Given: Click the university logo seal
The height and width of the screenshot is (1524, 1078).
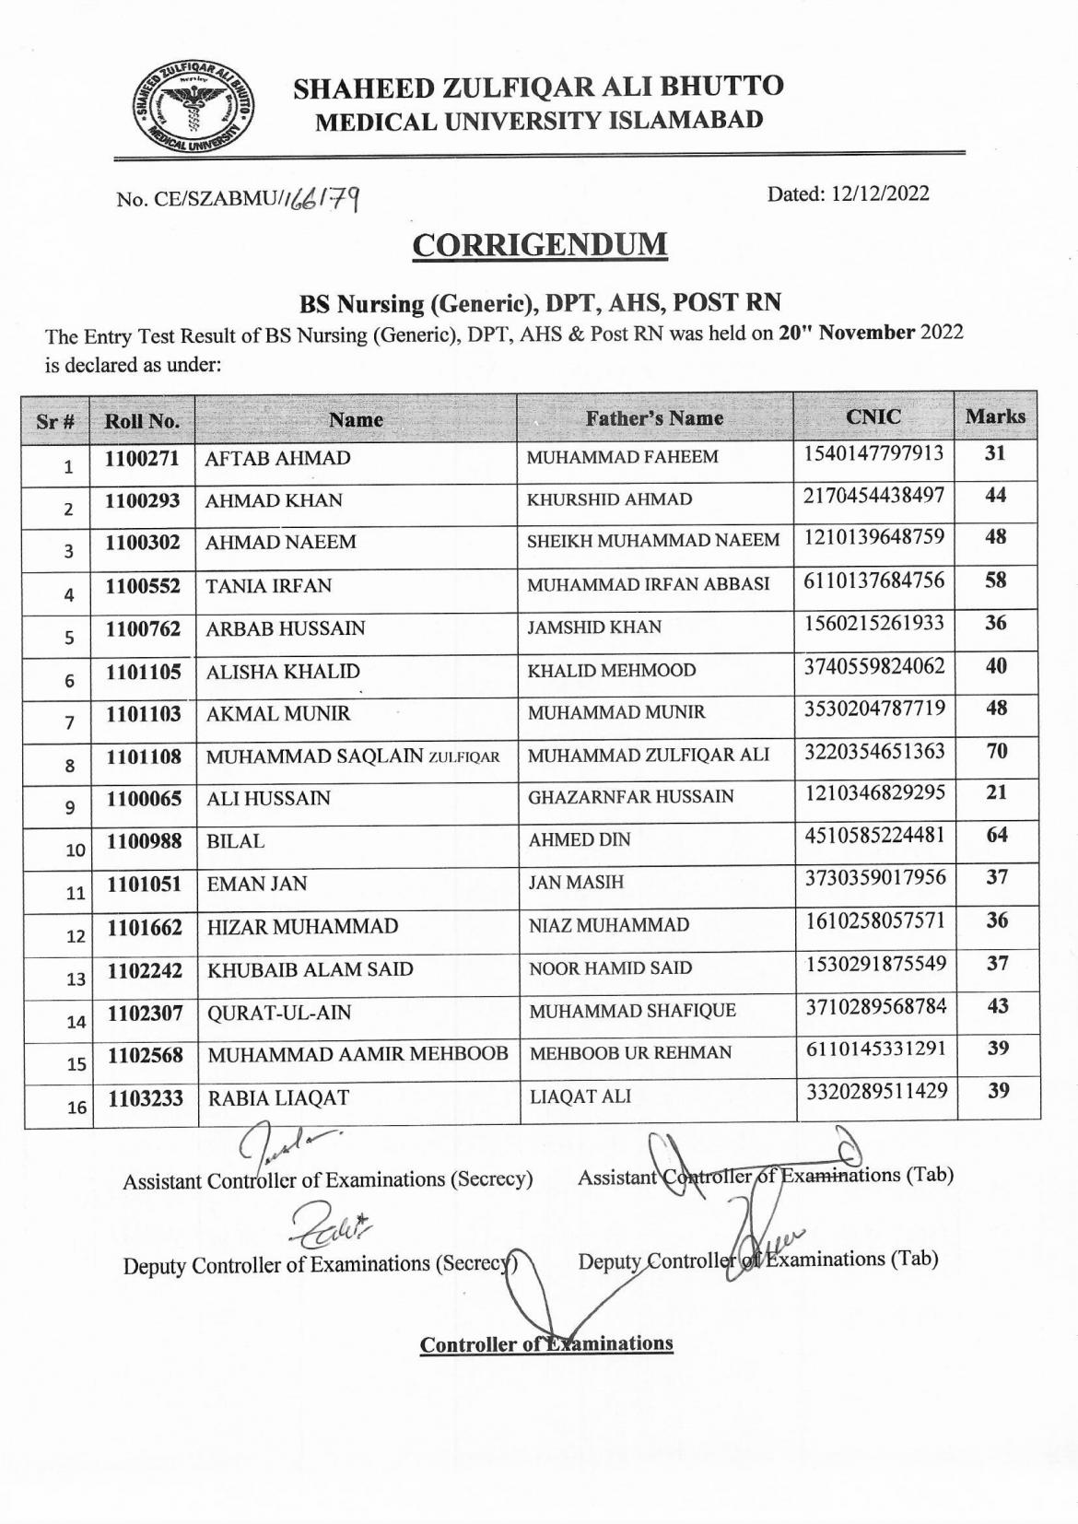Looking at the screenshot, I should pyautogui.click(x=192, y=109).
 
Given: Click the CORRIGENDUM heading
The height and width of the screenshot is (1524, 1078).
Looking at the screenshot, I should pyautogui.click(x=539, y=245).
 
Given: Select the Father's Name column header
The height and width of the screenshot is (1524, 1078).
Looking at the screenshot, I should pyautogui.click(x=654, y=418).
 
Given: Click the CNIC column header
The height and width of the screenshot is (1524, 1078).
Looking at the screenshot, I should pyautogui.click(x=873, y=416).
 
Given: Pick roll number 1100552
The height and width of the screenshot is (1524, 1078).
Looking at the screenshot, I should pyautogui.click(x=143, y=586).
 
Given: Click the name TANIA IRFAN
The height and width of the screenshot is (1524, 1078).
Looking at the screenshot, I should pyautogui.click(x=268, y=586).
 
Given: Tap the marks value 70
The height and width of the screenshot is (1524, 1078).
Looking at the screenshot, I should pyautogui.click(x=996, y=751).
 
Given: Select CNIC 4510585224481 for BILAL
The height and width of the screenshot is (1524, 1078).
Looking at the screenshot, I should pyautogui.click(x=874, y=836).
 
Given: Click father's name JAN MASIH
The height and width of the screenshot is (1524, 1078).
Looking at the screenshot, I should pyautogui.click(x=576, y=883).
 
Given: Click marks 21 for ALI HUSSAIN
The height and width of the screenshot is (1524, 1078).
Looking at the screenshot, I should pyautogui.click(x=996, y=792).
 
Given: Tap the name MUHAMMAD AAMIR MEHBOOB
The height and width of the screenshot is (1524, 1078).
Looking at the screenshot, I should pyautogui.click(x=357, y=1055).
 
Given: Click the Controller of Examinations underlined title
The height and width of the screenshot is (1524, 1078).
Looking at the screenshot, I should pyautogui.click(x=546, y=1344).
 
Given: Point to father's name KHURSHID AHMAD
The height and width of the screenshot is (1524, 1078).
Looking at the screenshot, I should pyautogui.click(x=609, y=500).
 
